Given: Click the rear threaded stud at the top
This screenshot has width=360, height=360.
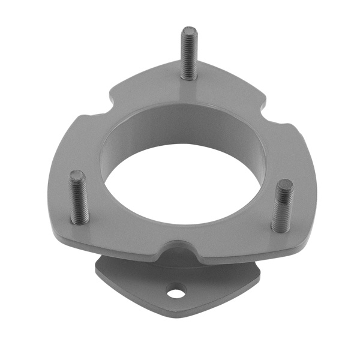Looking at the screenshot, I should tap(188, 54).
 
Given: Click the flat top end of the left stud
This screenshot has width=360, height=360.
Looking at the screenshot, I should tap(77, 175).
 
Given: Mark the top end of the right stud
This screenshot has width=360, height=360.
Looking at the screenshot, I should tap(284, 184).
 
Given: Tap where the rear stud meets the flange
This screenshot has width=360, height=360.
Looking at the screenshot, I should tap(189, 78).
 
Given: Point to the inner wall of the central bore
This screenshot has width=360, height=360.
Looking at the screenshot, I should tap(180, 129).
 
